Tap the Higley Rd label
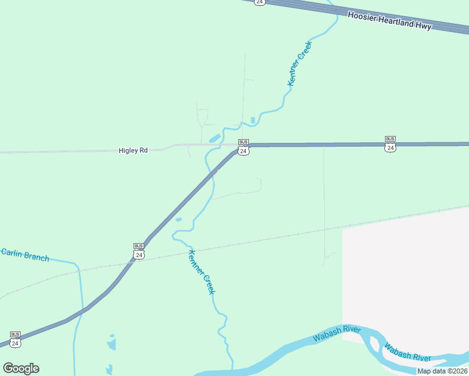133,150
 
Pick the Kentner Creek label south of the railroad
202,272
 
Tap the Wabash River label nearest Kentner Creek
337,333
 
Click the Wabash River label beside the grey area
408,352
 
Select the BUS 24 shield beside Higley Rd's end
244,147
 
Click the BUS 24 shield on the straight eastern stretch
390,144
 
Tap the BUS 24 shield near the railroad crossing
139,251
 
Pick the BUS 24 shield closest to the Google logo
16,339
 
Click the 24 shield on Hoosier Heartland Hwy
260,2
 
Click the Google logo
21,368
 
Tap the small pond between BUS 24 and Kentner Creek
179,220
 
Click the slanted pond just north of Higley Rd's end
214,138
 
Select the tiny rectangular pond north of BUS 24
253,120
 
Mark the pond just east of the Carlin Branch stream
112,343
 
